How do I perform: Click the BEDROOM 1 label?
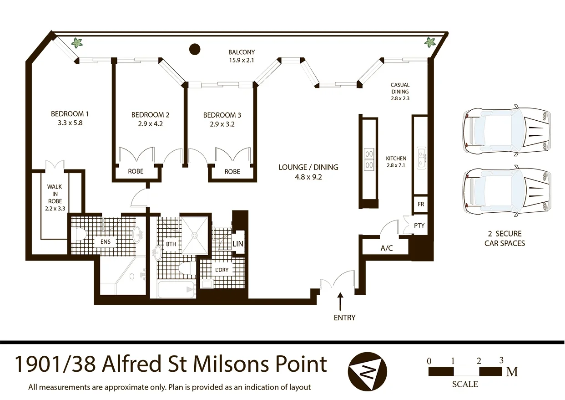(67, 113)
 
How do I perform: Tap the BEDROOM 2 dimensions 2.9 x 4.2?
(150, 123)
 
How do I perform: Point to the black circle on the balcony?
(195, 48)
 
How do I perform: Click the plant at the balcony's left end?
(77, 43)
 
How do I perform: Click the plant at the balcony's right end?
(429, 43)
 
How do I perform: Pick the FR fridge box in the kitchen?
(420, 204)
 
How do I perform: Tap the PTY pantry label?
(419, 226)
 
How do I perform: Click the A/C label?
(387, 249)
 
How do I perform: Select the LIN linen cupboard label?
(238, 244)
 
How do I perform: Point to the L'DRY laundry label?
(222, 270)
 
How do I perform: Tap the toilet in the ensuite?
(79, 235)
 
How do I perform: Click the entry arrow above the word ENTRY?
(340, 302)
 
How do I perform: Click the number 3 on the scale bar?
(501, 360)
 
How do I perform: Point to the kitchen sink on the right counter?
(421, 156)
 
